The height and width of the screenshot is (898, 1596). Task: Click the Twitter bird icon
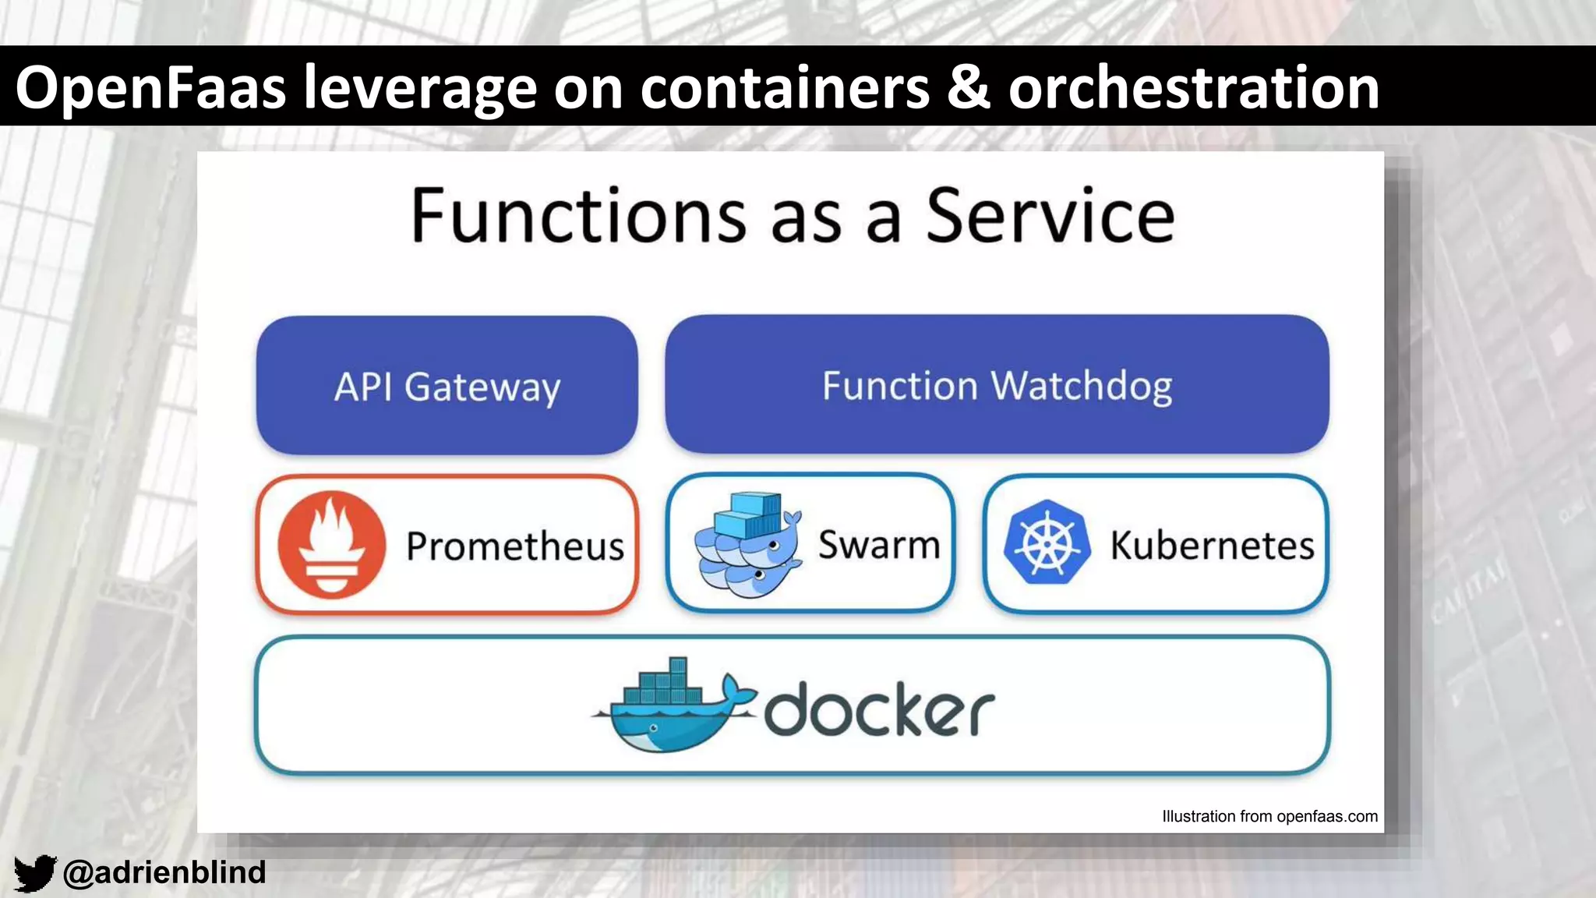35,873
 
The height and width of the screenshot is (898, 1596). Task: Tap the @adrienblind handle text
164,872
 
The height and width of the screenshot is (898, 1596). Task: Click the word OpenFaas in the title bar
150,87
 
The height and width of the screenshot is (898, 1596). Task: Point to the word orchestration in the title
1194,87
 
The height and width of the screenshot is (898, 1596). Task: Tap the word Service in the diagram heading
1050,216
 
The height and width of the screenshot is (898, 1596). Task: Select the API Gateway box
447,386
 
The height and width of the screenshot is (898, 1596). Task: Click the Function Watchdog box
997,385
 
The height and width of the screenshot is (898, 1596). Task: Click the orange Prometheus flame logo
332,545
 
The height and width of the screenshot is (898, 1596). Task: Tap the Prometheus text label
515,546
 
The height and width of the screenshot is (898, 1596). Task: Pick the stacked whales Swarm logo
747,545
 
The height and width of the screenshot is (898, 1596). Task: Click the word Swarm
879,544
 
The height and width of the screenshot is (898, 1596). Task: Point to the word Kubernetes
1212,545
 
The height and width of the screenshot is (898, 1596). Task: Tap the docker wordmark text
879,709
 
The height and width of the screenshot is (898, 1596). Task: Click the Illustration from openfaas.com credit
1269,816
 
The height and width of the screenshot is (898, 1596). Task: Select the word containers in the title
786,87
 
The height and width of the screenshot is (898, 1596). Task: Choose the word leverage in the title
420,87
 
